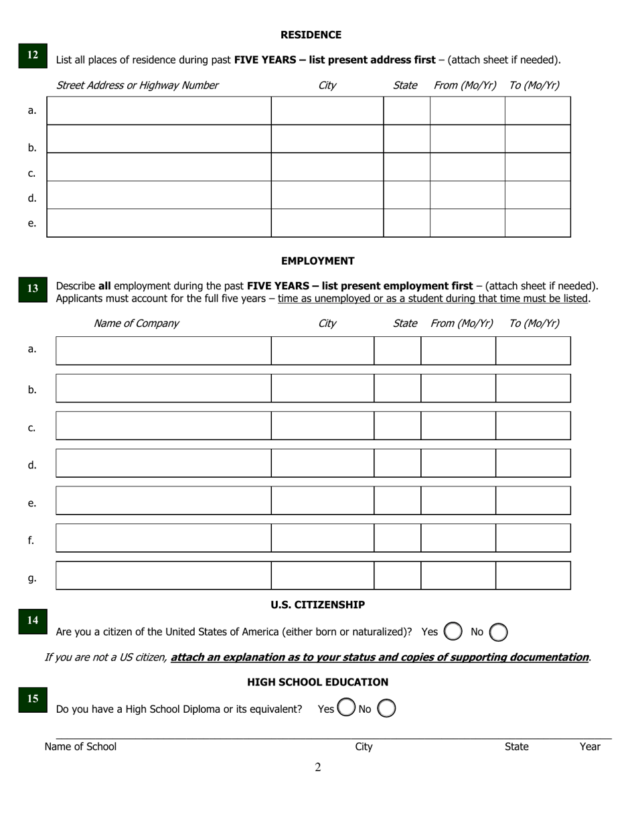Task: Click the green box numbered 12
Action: click(x=33, y=56)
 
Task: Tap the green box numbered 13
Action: click(x=33, y=289)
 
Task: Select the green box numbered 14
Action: click(x=33, y=621)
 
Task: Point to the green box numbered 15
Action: click(x=33, y=699)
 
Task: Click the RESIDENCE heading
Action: click(x=311, y=35)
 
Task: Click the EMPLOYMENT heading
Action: click(x=317, y=261)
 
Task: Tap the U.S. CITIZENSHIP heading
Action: click(x=317, y=605)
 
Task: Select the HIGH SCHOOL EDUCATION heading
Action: click(x=317, y=683)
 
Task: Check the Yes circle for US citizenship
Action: click(x=453, y=632)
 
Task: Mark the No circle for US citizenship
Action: click(x=499, y=632)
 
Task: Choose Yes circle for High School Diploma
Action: click(x=346, y=708)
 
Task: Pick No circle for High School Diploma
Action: click(x=386, y=708)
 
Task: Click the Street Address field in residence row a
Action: click(x=159, y=111)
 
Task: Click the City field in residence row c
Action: click(x=327, y=167)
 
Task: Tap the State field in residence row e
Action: click(x=406, y=223)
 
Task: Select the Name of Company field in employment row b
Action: click(x=163, y=389)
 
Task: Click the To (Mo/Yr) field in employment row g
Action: click(x=533, y=575)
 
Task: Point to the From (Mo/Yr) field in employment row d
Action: click(x=458, y=463)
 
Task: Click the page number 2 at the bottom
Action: click(x=318, y=768)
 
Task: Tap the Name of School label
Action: click(x=80, y=747)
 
